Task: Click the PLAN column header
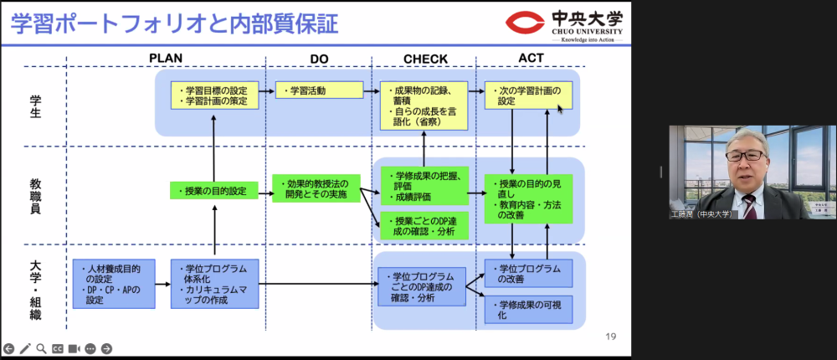pos(166,58)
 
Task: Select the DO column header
pos(319,59)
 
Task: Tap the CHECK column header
pos(424,59)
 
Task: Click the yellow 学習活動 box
pos(319,90)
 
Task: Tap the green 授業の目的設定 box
pos(214,191)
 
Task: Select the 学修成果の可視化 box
pos(528,311)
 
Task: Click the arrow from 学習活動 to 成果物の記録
pos(372,90)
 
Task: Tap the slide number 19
pos(610,337)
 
